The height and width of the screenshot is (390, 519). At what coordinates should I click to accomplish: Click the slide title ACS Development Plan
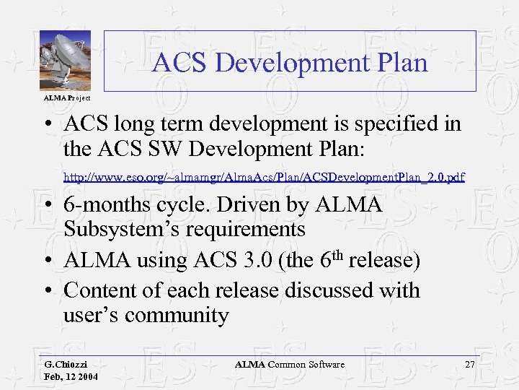point(290,63)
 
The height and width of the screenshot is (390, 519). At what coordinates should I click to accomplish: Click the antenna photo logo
point(65,61)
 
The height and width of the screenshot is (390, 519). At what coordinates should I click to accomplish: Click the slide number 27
point(469,365)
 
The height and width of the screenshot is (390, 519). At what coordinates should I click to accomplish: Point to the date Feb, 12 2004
point(71,377)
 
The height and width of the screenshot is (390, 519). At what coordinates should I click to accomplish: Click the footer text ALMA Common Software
point(290,365)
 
